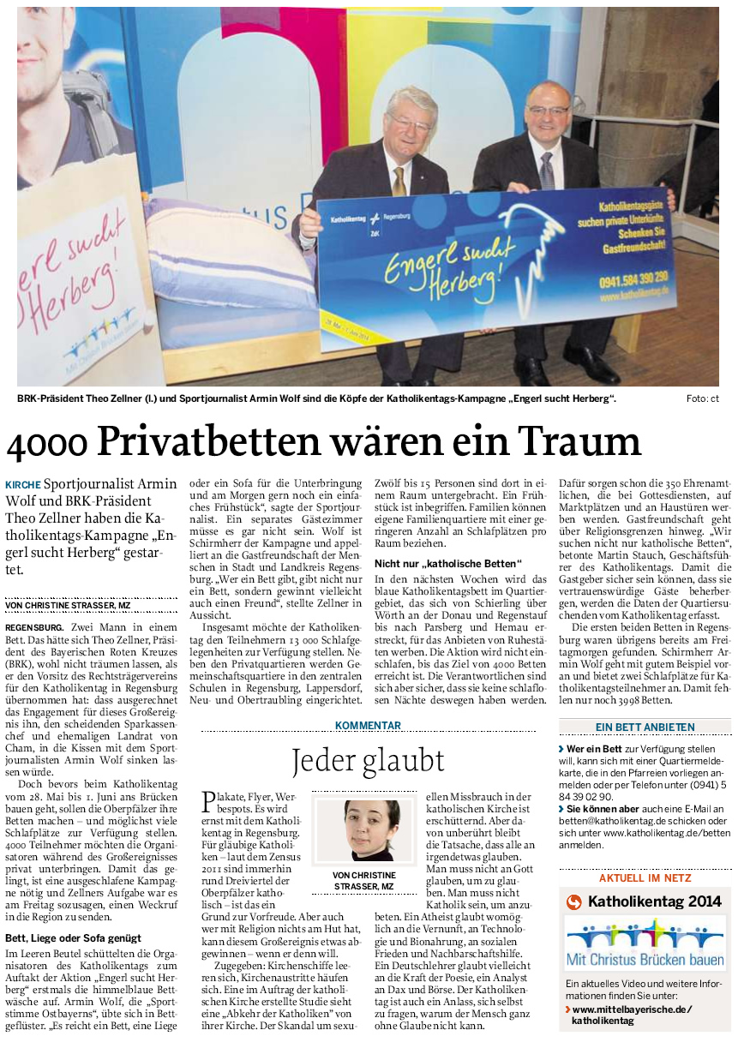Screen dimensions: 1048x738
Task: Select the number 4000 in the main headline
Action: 49,442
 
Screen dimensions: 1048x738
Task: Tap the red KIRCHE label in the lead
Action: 22,485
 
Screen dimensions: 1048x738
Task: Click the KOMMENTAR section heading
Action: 368,726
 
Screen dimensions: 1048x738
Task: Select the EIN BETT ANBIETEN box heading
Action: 645,728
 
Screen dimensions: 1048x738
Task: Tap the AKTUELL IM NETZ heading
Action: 645,878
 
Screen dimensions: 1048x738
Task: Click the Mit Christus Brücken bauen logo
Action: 645,943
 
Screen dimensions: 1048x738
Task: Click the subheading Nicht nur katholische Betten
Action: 448,563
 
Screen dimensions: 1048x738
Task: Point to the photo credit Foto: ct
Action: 702,399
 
